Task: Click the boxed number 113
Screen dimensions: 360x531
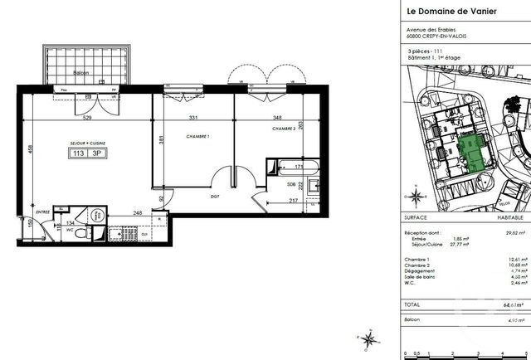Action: click(x=79, y=153)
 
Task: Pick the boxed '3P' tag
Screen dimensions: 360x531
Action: click(x=100, y=153)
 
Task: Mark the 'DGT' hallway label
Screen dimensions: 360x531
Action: click(x=214, y=196)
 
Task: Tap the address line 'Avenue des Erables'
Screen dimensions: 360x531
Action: click(x=428, y=31)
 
